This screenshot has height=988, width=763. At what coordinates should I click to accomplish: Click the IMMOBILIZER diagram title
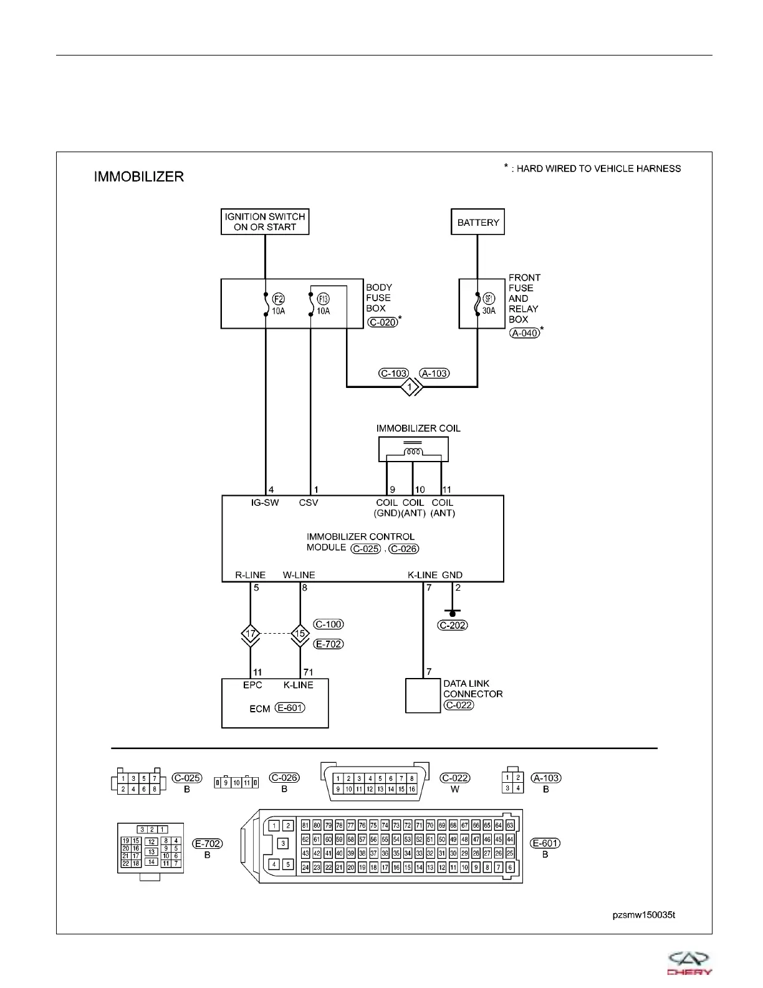(x=138, y=177)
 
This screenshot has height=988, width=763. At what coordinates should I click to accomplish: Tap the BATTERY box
(x=477, y=222)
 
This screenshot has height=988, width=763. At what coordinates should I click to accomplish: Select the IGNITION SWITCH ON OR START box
(x=265, y=222)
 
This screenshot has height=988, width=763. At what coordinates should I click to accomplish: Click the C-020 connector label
(x=382, y=322)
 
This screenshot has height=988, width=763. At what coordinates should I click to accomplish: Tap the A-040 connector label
(x=524, y=333)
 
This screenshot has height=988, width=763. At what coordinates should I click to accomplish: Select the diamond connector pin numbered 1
(x=410, y=387)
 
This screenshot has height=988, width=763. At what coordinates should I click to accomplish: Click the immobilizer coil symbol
(x=413, y=450)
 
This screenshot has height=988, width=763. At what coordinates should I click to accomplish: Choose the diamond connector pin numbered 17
(x=251, y=634)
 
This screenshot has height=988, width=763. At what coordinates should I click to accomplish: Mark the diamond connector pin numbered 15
(x=300, y=634)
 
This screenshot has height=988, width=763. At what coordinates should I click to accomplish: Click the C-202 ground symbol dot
(x=453, y=614)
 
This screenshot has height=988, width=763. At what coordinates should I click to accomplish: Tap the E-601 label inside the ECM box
(x=290, y=708)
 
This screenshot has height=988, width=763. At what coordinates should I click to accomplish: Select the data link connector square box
(x=423, y=695)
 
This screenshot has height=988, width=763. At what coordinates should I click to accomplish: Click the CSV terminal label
(x=309, y=503)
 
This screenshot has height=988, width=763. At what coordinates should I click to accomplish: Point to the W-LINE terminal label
(x=299, y=575)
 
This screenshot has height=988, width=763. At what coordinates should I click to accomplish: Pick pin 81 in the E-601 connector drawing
(x=305, y=825)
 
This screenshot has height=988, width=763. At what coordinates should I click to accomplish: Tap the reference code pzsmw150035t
(x=643, y=915)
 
